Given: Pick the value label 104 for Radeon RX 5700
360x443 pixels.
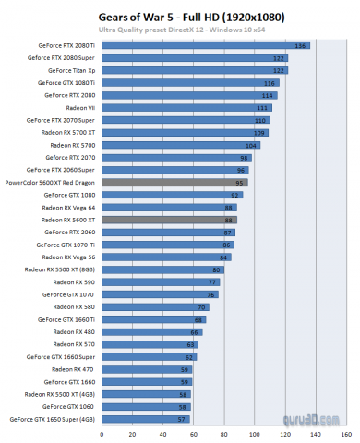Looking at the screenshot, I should [x=252, y=145].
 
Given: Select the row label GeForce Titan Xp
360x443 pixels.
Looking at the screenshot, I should [x=73, y=70].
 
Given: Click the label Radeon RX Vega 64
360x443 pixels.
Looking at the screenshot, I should [x=70, y=208].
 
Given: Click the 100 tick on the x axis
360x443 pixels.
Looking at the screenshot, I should [x=253, y=433].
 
